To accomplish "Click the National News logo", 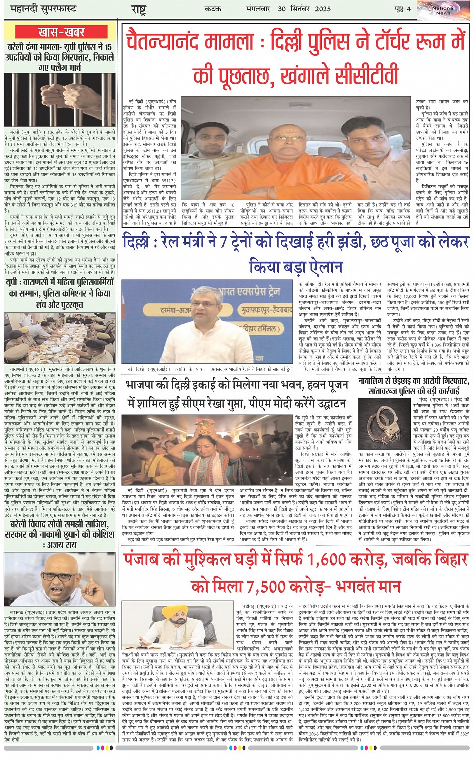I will click(x=443, y=9).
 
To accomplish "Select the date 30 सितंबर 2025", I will click(x=295, y=9).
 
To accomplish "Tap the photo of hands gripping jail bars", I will click(x=60, y=100).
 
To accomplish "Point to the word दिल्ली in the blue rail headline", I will click(x=142, y=242).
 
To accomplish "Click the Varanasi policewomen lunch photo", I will click(x=60, y=339).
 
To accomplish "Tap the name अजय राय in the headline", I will click(x=59, y=544).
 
